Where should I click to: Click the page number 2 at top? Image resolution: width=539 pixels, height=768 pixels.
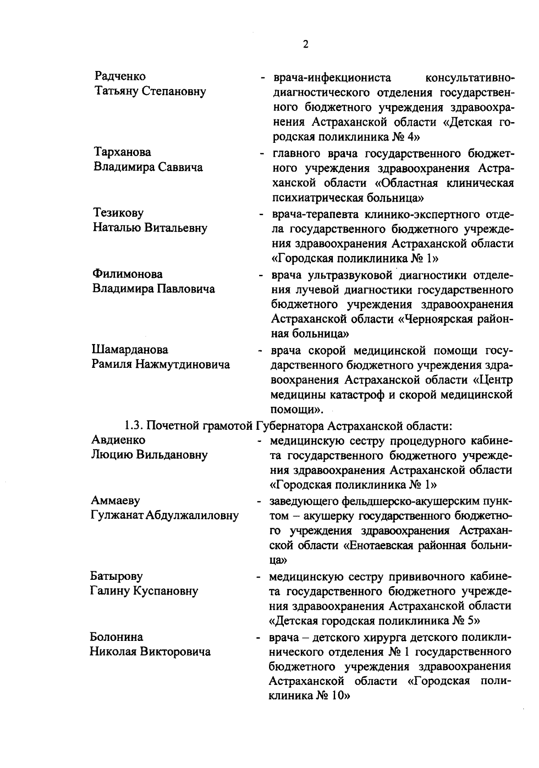tap(305, 44)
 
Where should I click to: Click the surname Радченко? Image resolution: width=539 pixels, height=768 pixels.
tap(120, 76)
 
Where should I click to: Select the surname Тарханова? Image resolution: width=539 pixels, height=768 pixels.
tap(122, 152)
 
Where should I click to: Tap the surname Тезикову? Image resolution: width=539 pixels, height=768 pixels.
tap(119, 212)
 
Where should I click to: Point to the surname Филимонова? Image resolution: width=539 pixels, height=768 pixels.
tap(128, 274)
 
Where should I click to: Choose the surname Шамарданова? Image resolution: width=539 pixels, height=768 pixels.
tap(130, 349)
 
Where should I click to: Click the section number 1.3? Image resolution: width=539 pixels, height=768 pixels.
tap(134, 425)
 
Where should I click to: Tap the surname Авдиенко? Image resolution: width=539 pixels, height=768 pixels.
tap(118, 440)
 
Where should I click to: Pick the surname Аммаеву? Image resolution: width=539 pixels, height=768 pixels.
tap(115, 500)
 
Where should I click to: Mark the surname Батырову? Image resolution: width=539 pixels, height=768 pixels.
tap(116, 576)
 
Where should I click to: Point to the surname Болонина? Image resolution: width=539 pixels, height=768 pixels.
tap(117, 637)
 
